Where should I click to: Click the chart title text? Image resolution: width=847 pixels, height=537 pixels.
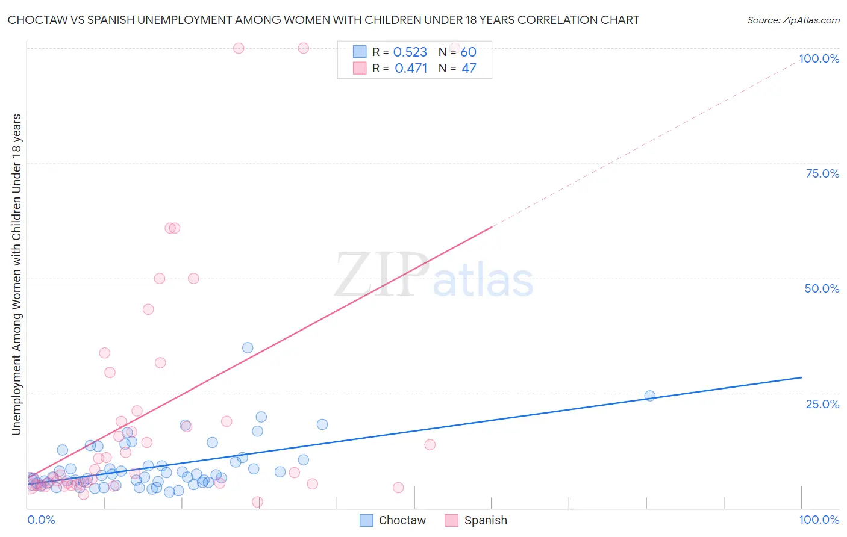pyautogui.click(x=323, y=20)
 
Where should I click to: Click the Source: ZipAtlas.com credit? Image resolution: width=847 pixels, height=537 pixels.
pyautogui.click(x=793, y=20)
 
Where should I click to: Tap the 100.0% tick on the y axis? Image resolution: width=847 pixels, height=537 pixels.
pyautogui.click(x=819, y=58)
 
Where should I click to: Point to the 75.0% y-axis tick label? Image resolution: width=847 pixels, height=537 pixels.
pyautogui.click(x=822, y=173)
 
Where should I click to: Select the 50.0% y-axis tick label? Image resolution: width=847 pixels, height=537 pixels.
pyautogui.click(x=822, y=288)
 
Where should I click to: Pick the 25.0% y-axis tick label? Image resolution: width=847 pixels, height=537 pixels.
pyautogui.click(x=822, y=403)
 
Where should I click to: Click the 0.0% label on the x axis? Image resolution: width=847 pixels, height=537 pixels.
pyautogui.click(x=41, y=520)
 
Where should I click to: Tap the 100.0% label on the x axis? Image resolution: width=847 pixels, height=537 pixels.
pyautogui.click(x=819, y=520)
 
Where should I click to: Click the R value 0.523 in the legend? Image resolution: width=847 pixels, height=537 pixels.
pyautogui.click(x=410, y=52)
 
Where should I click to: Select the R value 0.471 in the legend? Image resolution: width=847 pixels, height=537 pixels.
pyautogui.click(x=411, y=69)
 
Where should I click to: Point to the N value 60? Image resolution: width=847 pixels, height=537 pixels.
pyautogui.click(x=468, y=52)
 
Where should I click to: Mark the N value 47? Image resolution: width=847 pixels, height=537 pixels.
pyautogui.click(x=469, y=69)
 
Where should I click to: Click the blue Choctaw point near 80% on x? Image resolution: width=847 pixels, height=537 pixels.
pyautogui.click(x=649, y=396)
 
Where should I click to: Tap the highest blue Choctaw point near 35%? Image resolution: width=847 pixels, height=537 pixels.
pyautogui.click(x=248, y=347)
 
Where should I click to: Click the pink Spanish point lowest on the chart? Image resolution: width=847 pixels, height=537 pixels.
pyautogui.click(x=257, y=501)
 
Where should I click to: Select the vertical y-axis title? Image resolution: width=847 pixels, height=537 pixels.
pyautogui.click(x=17, y=274)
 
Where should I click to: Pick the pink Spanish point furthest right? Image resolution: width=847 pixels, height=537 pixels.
pyautogui.click(x=455, y=48)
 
